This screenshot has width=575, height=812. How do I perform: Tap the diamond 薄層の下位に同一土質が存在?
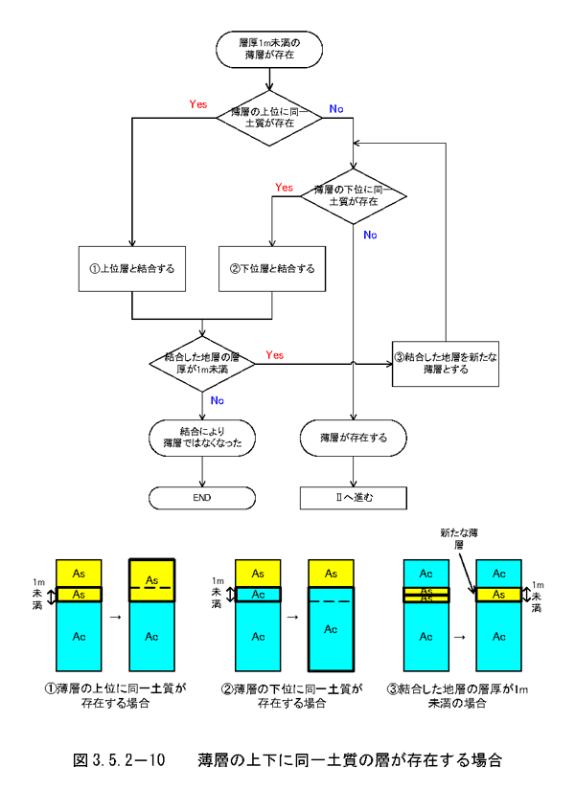tap(354, 196)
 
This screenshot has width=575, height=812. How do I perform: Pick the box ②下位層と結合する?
tap(273, 268)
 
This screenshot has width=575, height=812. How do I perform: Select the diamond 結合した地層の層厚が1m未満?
tap(202, 362)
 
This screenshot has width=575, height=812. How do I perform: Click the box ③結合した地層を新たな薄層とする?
tap(446, 363)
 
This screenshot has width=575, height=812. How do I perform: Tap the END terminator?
tap(202, 498)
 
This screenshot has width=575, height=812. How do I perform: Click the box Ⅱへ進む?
tap(354, 498)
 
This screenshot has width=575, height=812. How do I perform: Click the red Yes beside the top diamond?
tap(198, 102)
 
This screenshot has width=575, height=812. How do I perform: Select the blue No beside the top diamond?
tap(336, 109)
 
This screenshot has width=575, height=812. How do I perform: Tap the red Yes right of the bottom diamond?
tap(274, 354)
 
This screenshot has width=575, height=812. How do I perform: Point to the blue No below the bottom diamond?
tap(218, 400)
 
